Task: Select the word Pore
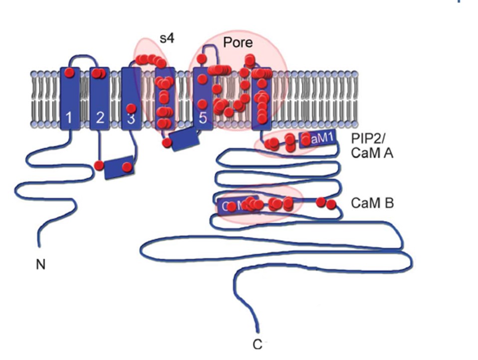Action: point(239,43)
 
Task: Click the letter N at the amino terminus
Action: point(40,264)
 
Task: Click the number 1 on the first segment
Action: point(69,118)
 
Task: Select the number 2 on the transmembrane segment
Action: point(100,118)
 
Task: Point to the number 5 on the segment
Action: point(203,119)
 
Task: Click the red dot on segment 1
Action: point(69,73)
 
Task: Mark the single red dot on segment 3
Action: point(131,108)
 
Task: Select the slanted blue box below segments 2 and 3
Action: point(120,167)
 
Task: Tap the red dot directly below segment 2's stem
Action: point(99,165)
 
